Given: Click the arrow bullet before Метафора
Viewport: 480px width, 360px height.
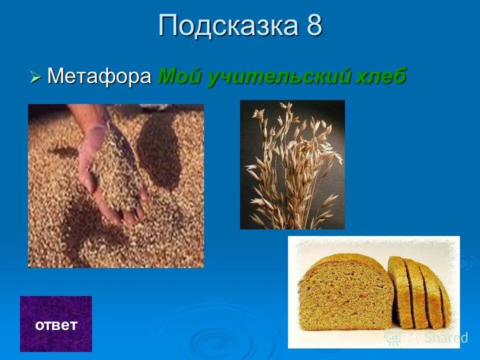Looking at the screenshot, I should (35, 77).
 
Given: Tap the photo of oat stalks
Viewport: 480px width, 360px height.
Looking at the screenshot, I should (292, 164).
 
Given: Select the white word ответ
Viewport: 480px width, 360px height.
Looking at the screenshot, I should (56, 325).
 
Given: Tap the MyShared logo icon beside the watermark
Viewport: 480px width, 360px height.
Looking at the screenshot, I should (392, 337).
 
